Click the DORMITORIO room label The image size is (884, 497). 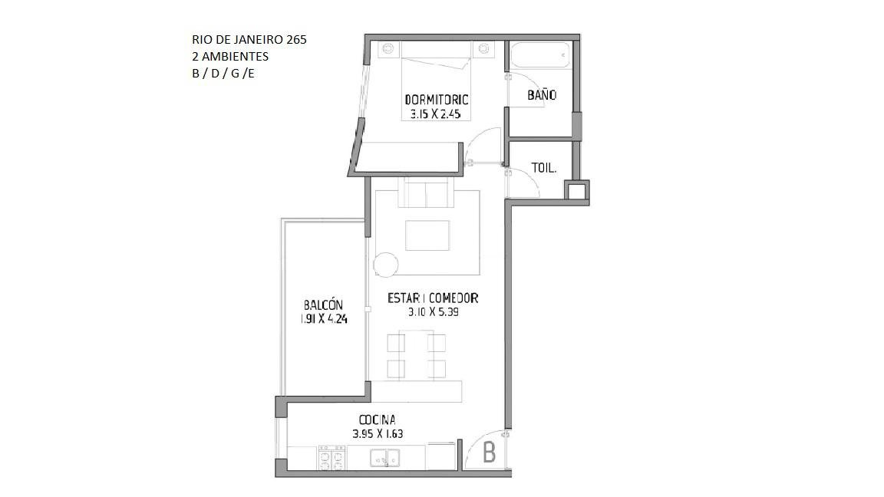point(437,100)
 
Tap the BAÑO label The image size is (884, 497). point(542,94)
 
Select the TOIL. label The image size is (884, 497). point(544,168)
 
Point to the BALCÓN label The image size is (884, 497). point(323,304)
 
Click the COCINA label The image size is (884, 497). point(378,420)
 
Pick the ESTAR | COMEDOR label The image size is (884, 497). point(433,298)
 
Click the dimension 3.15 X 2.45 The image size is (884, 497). point(436,114)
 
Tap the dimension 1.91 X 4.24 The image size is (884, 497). point(324,319)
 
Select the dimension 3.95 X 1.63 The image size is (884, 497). point(378,434)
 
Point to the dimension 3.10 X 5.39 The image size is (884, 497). point(433,311)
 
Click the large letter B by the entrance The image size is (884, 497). point(490,452)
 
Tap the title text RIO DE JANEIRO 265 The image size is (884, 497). point(249,39)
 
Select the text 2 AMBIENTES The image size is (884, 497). point(230,56)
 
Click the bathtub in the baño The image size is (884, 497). point(539,55)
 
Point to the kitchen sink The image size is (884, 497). point(385,458)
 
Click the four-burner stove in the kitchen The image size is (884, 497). point(331,458)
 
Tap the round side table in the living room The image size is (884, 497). point(386,265)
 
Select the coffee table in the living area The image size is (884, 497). point(427,235)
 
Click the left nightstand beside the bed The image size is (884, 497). point(388,49)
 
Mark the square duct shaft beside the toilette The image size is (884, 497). point(576,193)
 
